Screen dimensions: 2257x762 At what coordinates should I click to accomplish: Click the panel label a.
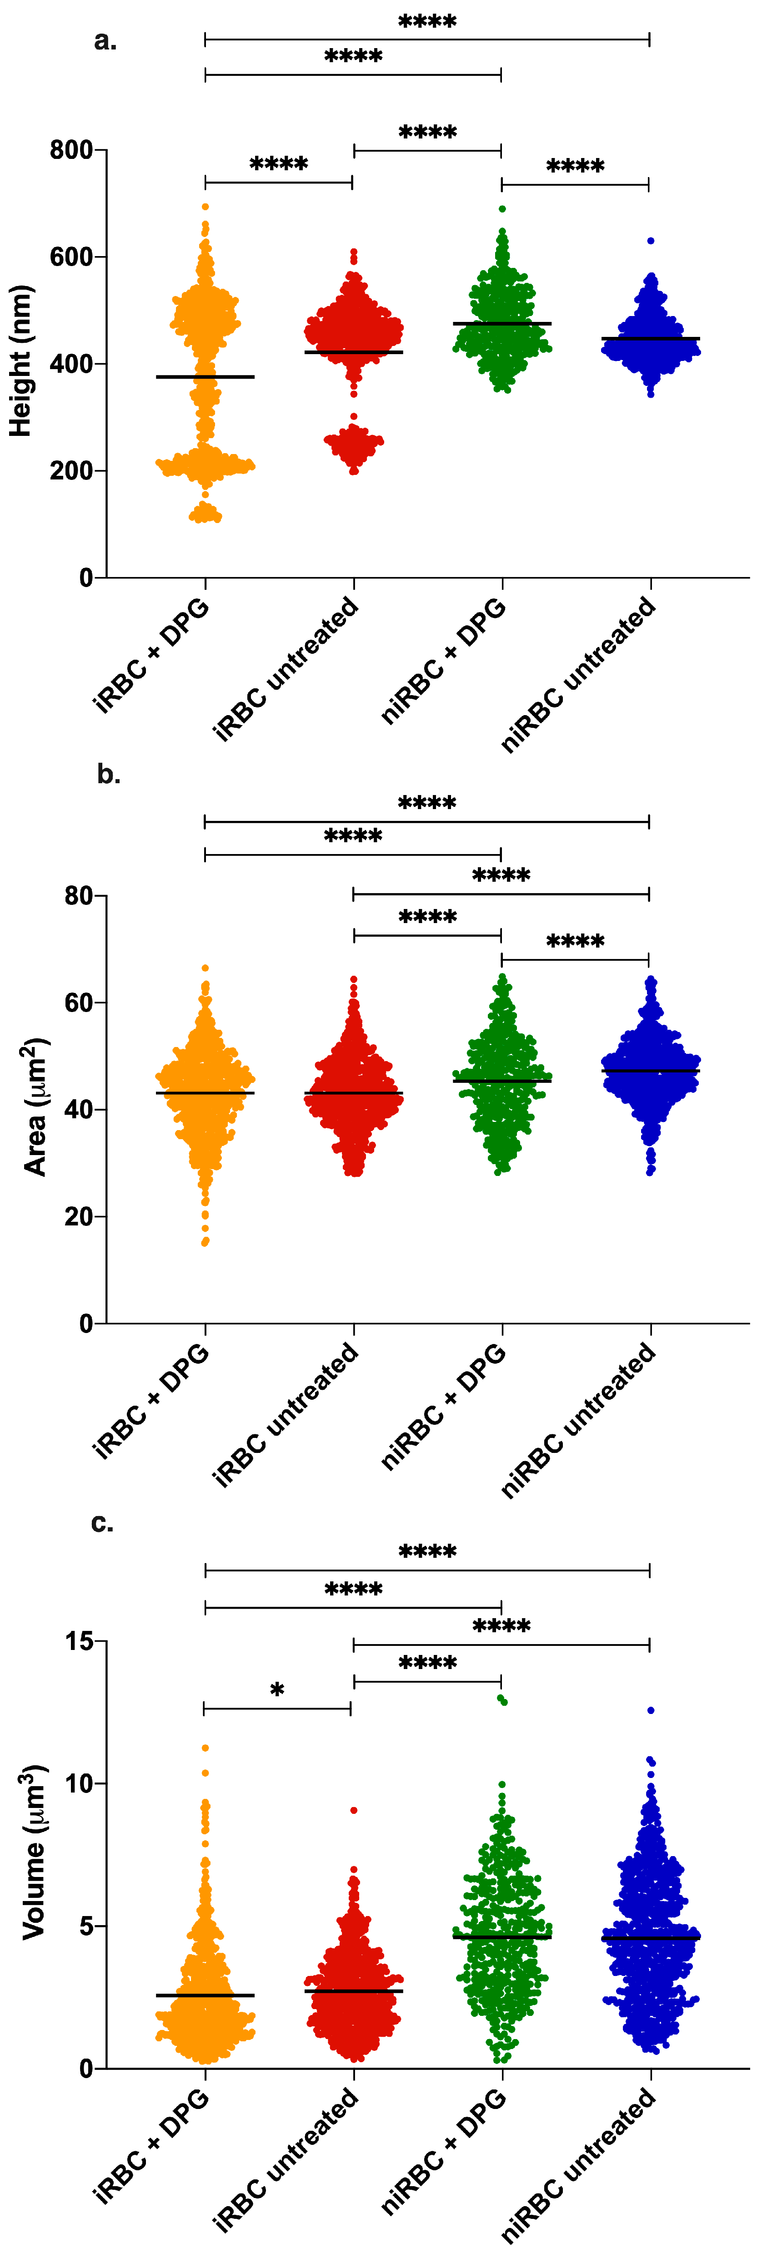click(105, 41)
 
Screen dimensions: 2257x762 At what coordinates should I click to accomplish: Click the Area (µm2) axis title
click(35, 1106)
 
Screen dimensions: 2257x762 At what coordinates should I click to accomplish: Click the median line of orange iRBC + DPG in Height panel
click(205, 377)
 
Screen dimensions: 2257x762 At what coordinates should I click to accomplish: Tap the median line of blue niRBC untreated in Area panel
click(650, 1071)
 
